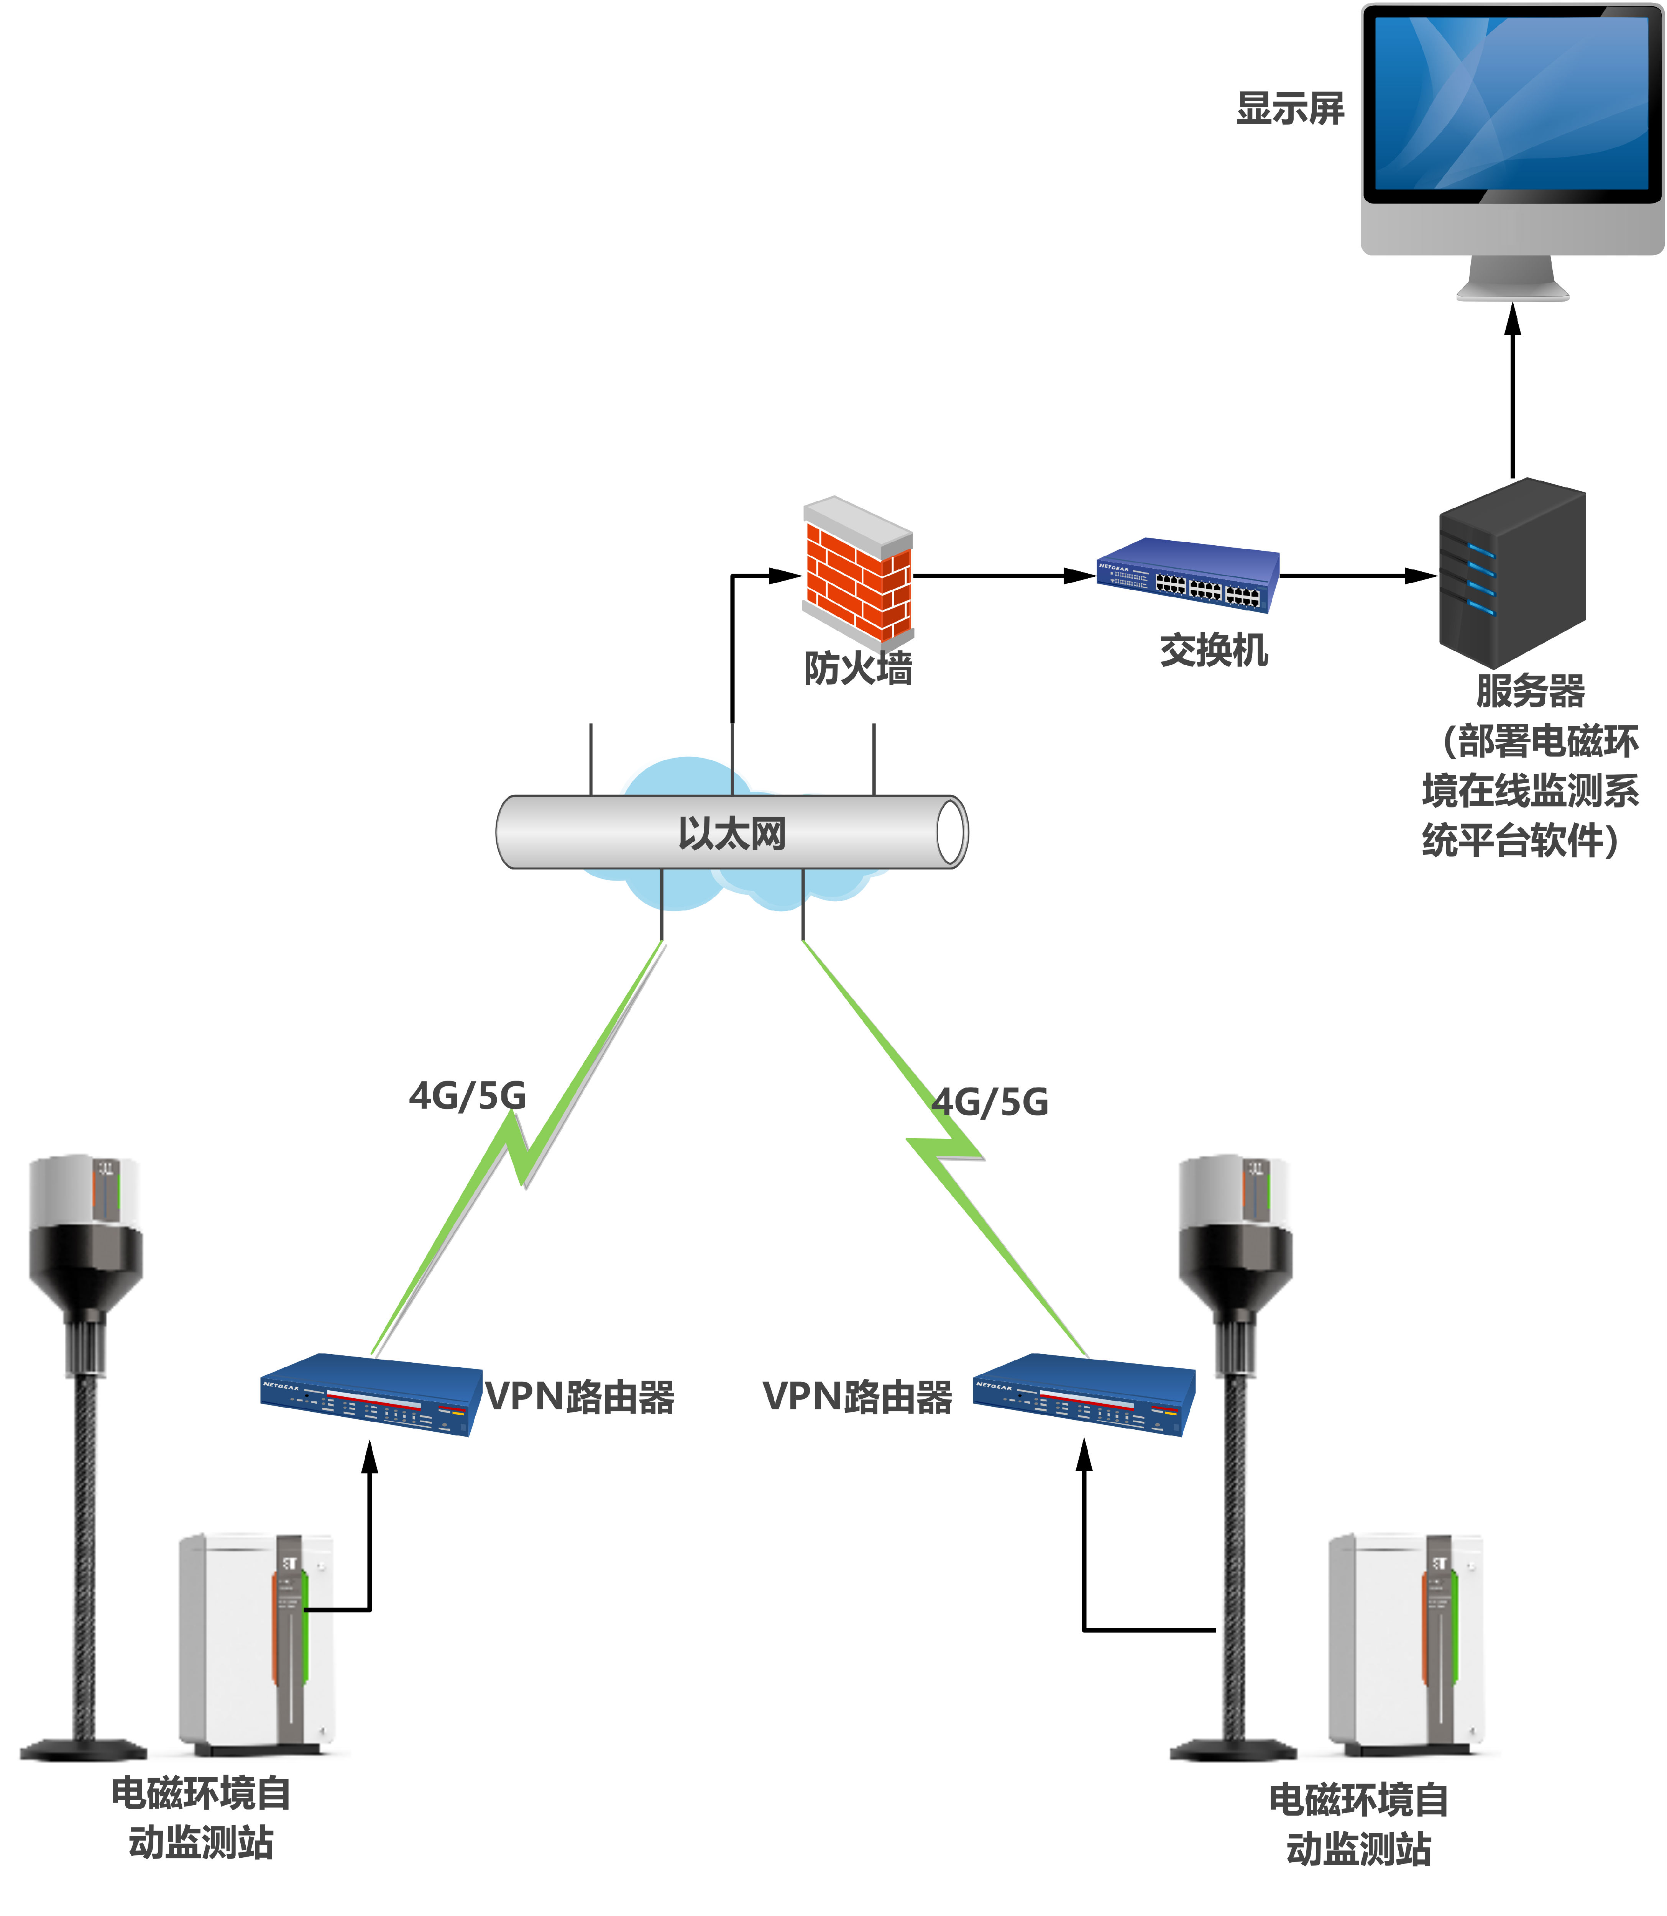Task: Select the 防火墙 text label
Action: pyautogui.click(x=858, y=668)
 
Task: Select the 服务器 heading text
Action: pyautogui.click(x=1530, y=690)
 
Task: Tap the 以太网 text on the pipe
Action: pyautogui.click(x=732, y=832)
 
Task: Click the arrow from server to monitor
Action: pyautogui.click(x=1513, y=390)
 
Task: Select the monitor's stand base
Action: pyautogui.click(x=1513, y=291)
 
